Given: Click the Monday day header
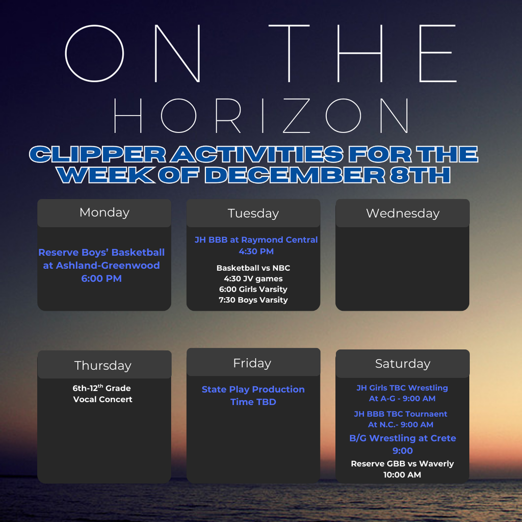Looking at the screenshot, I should (104, 213).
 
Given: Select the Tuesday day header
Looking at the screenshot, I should (253, 213).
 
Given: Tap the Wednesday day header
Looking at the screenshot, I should (402, 213).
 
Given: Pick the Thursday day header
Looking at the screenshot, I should (103, 366).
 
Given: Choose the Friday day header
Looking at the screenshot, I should (252, 363).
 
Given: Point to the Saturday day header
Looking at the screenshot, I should (402, 363).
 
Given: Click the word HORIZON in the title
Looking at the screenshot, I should (260, 116).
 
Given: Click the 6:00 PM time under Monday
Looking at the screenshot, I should (101, 279).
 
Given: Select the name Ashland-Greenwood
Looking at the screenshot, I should (108, 266).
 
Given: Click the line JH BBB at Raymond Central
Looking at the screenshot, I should (256, 240).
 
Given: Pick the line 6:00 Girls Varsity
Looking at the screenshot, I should (253, 289).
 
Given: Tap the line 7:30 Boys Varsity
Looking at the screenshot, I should (253, 300).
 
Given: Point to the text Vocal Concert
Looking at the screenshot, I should (102, 399).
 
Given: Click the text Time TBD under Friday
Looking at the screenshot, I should (253, 402).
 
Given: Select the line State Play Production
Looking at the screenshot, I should (253, 389).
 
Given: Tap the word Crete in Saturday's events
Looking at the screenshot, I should (442, 438).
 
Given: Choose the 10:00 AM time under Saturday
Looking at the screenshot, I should (402, 475).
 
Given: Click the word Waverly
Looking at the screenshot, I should (436, 463).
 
